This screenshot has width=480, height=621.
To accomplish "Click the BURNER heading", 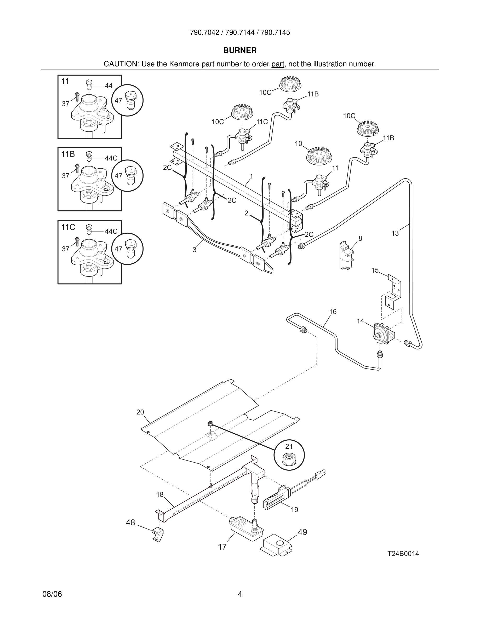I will click(240, 50).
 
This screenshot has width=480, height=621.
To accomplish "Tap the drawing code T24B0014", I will click(403, 554).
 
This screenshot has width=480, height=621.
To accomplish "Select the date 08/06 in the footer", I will click(52, 594).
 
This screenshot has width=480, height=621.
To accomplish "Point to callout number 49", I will click(302, 532).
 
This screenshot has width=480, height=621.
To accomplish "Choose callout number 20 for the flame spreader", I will click(140, 412).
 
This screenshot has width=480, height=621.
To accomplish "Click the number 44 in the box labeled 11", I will click(108, 85).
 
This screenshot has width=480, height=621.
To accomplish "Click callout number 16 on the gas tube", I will click(333, 312).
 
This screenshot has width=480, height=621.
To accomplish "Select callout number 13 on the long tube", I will click(395, 233).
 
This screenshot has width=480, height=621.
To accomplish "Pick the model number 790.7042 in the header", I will click(204, 32).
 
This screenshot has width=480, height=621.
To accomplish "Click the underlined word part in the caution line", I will click(278, 64).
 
